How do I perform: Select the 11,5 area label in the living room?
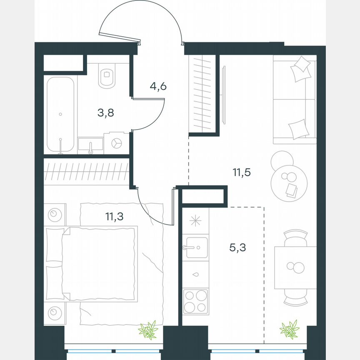[x=241, y=172]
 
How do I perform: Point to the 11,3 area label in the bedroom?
[x=114, y=216]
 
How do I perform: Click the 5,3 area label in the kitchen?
[x=237, y=247]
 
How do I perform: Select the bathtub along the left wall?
[x=61, y=115]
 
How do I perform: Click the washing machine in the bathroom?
[x=116, y=142]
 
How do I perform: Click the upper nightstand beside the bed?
[x=55, y=215]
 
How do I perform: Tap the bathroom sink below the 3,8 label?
[x=90, y=145]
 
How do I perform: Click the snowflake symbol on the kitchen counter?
[x=195, y=221]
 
